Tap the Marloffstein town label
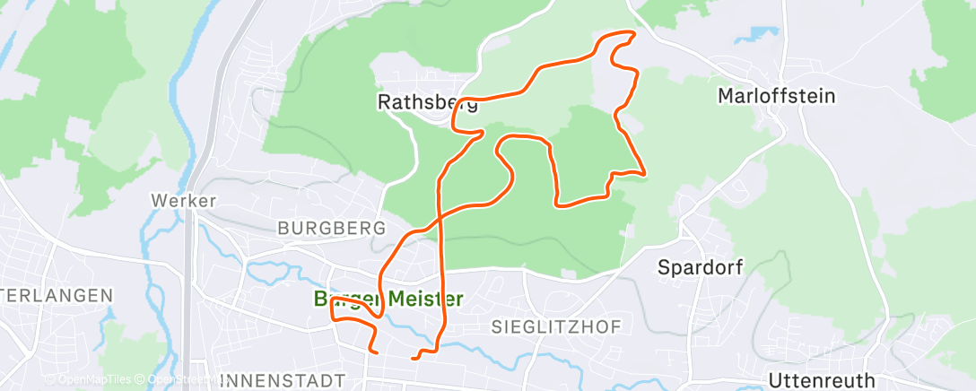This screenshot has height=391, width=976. point(777,95)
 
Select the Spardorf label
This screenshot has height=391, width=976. point(700,266)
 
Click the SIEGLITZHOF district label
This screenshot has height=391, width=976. point(555,327)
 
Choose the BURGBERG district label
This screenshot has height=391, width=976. point(331,228)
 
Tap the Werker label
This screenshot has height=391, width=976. point(184,201)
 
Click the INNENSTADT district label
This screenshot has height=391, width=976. point(282,380)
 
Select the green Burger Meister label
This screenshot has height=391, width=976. point(388,299)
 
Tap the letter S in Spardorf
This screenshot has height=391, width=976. point(664,266)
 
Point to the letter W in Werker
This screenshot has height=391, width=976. point(158,201)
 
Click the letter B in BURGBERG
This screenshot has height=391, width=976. point(283,228)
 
